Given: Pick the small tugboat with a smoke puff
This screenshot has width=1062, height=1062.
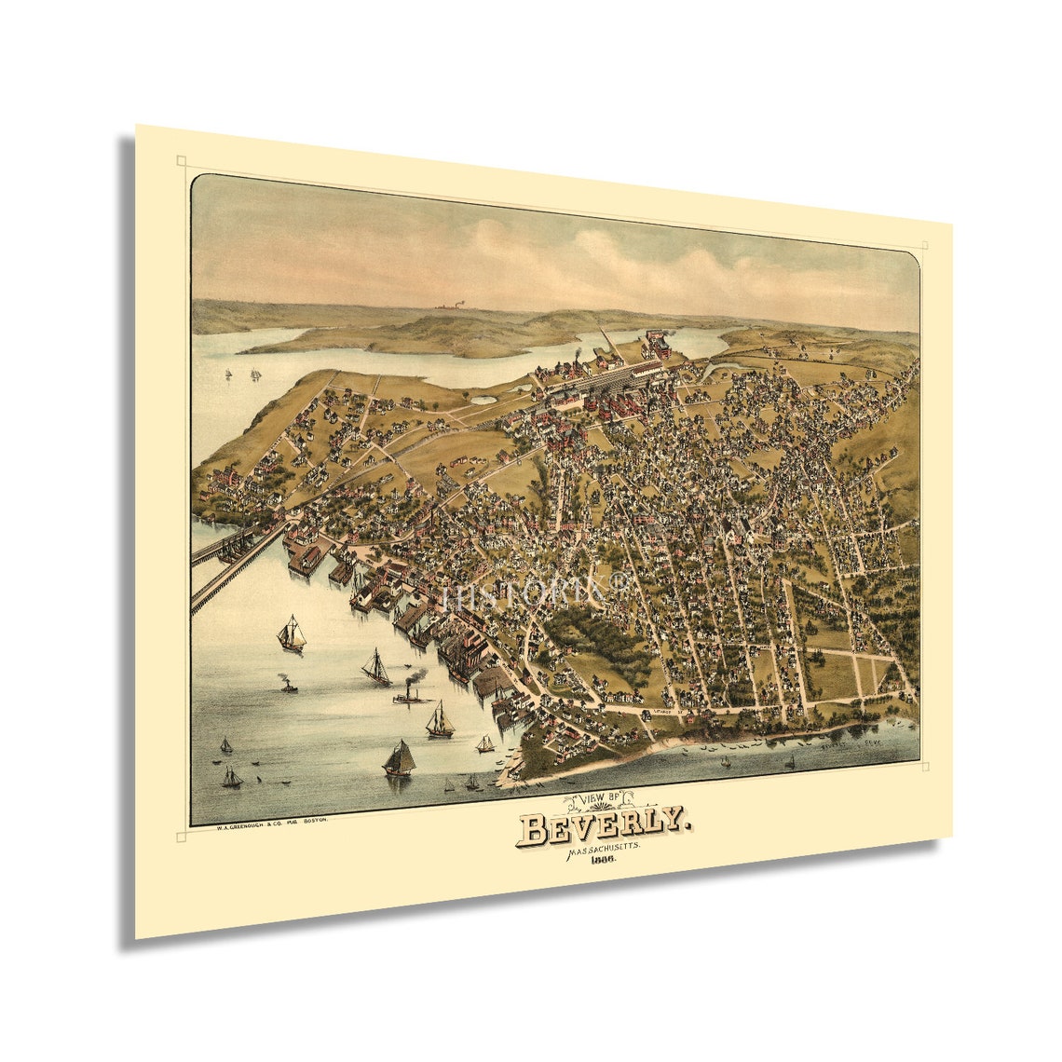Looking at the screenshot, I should (289, 686).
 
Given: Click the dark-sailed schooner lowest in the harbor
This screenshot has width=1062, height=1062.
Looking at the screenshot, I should (399, 758).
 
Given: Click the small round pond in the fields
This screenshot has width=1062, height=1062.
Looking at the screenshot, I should (483, 400).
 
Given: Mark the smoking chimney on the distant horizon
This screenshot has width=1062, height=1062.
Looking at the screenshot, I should (457, 305).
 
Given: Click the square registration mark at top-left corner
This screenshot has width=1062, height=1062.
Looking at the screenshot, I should (181, 161).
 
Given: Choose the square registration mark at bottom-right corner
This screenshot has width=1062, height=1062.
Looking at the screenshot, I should (925, 767).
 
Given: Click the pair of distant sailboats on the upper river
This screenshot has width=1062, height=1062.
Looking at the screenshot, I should (253, 374).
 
